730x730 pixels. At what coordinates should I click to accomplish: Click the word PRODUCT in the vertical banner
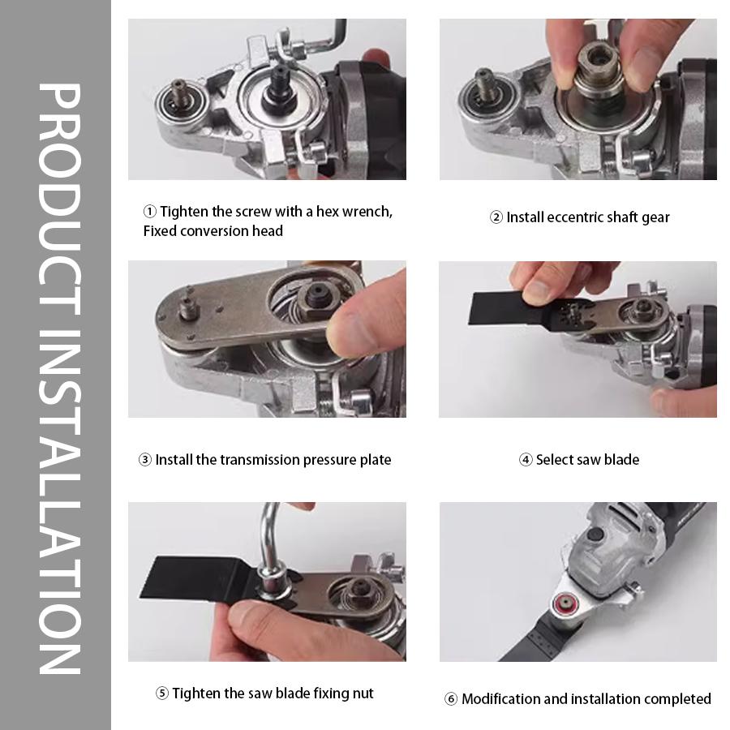click(59, 199)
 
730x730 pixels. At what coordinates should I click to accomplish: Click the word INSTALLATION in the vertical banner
click(59, 503)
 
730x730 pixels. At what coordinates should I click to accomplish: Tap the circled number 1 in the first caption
click(150, 212)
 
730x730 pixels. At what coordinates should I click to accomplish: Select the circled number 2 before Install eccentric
click(496, 217)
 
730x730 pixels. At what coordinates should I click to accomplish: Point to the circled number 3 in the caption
click(145, 460)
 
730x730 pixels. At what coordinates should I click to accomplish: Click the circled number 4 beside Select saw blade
click(526, 460)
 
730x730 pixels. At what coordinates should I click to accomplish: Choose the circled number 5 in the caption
click(162, 693)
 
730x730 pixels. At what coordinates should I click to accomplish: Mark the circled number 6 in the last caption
click(451, 699)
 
